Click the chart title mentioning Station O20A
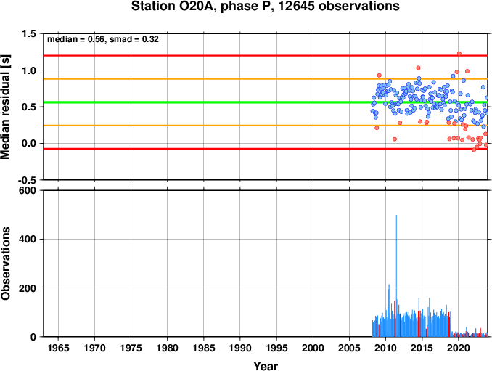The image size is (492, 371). [x=265, y=6]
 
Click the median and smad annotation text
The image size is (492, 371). [x=103, y=39]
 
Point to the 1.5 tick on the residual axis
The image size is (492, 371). [x=29, y=33]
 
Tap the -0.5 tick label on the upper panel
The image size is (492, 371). [x=27, y=180]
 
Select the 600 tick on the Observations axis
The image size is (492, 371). [x=28, y=190]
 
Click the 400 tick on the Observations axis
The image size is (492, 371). [x=28, y=239]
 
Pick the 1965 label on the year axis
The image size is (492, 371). [x=58, y=348]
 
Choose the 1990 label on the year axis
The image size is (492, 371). [x=240, y=348]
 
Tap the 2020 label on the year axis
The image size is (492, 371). [x=459, y=348]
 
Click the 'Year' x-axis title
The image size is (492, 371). [x=266, y=366]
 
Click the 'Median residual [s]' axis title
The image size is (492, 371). [x=5, y=107]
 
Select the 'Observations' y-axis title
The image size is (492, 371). [x=5, y=263]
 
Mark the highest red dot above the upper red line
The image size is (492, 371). [x=459, y=54]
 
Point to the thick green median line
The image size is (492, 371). [x=266, y=102]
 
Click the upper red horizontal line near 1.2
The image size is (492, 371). [x=266, y=56]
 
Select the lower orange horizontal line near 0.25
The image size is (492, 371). [x=266, y=126]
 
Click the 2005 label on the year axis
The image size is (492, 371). [x=349, y=348]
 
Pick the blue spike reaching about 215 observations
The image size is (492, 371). [x=389, y=311]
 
